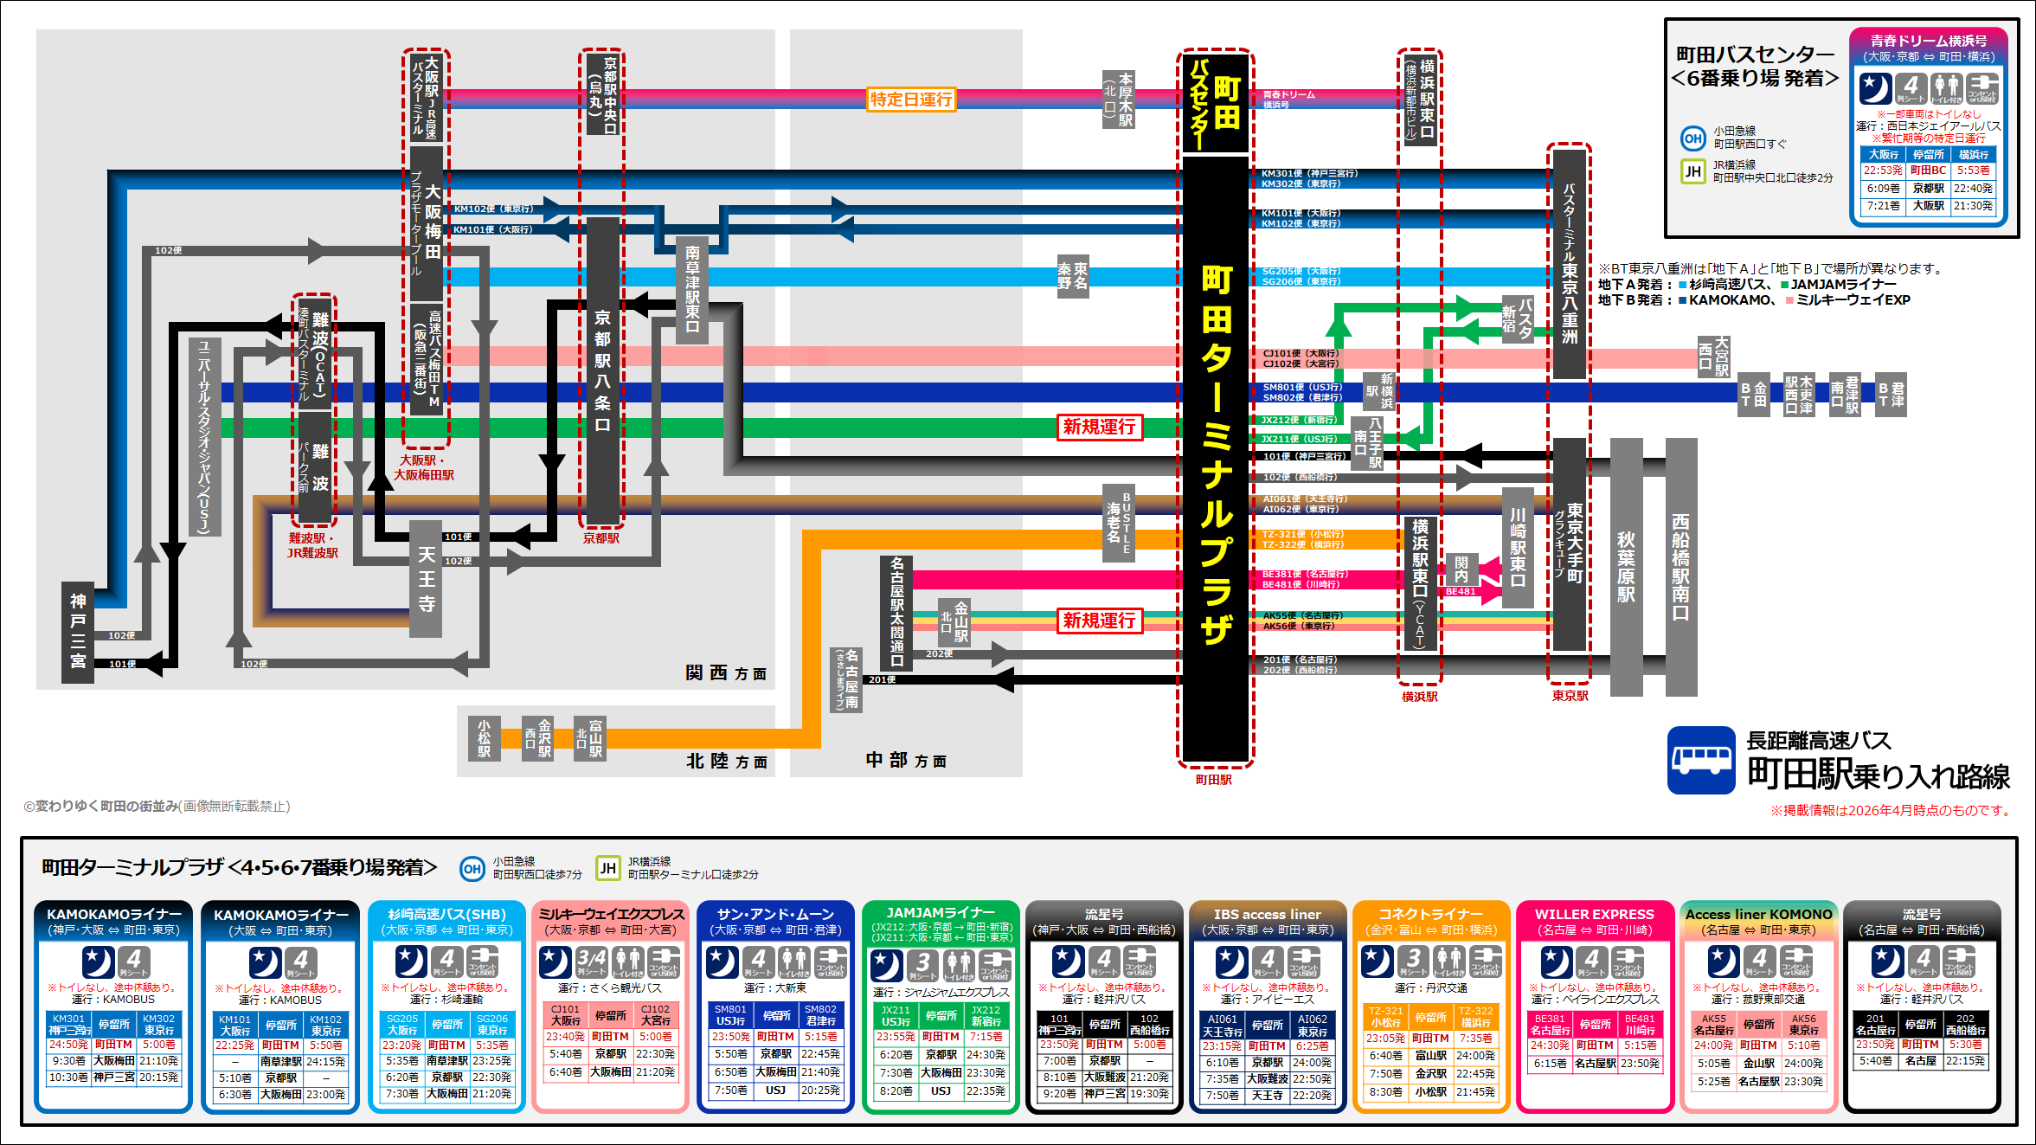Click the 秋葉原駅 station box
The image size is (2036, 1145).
click(1626, 566)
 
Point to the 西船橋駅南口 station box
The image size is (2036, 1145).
click(1680, 566)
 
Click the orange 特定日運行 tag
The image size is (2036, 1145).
click(911, 100)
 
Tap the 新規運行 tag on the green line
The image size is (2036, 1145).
click(1099, 427)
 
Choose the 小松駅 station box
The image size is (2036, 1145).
click(484, 738)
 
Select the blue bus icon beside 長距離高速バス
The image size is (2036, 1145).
click(1701, 760)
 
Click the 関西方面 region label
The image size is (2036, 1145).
click(726, 673)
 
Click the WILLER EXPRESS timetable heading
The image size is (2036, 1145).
click(1594, 915)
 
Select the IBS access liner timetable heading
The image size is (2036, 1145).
click(1267, 915)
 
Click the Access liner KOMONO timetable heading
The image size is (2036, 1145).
click(1758, 915)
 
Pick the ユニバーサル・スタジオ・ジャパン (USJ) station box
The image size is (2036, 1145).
click(204, 436)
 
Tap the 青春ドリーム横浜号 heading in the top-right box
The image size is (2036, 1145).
click(1928, 41)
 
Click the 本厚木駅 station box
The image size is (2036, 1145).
click(1119, 100)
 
